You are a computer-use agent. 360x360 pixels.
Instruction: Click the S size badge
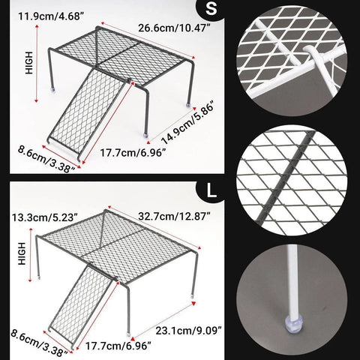(211, 9)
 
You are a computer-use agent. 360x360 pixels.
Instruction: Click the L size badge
(211, 191)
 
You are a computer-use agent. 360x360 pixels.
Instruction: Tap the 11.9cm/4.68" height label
(50, 16)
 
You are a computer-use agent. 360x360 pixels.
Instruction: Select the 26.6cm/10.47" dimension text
(174, 28)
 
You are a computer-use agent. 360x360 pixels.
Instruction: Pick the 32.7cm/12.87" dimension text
(174, 216)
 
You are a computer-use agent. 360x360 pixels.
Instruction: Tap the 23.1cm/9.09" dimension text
(189, 331)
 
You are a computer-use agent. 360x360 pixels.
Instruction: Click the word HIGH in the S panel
(29, 62)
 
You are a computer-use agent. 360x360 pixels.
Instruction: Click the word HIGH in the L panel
(22, 253)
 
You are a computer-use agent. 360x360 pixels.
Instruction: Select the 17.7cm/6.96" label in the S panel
(133, 152)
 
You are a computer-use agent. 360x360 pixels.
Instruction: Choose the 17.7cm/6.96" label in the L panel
(118, 346)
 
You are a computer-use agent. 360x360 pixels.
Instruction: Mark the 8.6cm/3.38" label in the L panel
(39, 343)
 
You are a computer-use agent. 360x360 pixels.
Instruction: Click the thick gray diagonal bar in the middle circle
(286, 178)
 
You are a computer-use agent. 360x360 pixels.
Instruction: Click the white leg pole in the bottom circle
(292, 282)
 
